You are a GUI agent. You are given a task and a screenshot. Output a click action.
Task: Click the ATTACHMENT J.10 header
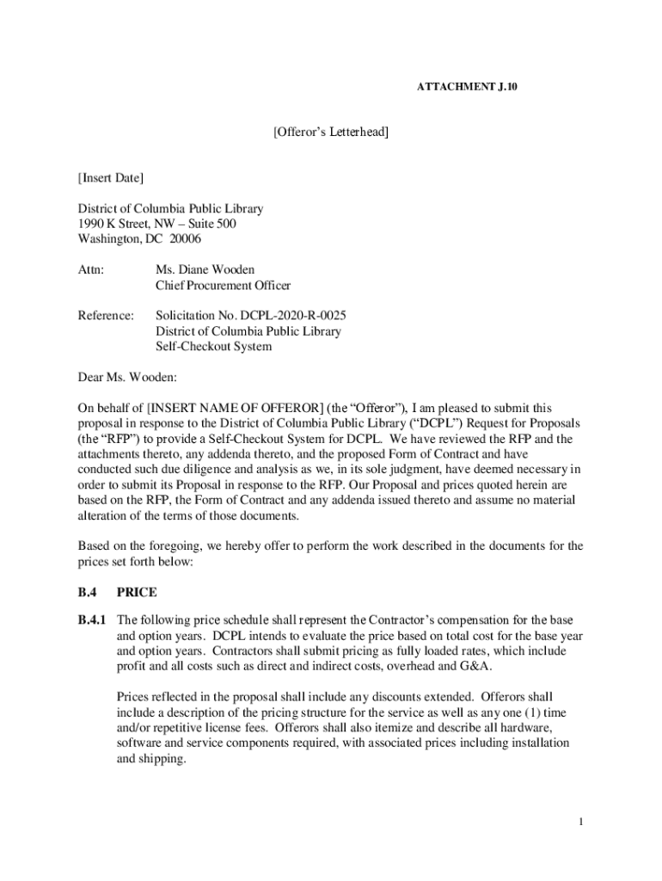467,88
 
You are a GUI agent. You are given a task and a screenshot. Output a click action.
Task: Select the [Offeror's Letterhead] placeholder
331,132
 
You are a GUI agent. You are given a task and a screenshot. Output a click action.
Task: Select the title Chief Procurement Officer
223,286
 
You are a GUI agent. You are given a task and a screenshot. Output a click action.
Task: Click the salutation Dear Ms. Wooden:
126,377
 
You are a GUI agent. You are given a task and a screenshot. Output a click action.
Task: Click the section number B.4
88,593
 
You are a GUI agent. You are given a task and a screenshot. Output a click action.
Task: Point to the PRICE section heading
137,593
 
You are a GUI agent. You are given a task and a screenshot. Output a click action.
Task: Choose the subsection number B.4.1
92,620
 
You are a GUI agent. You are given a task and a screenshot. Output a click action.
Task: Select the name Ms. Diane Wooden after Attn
205,270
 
